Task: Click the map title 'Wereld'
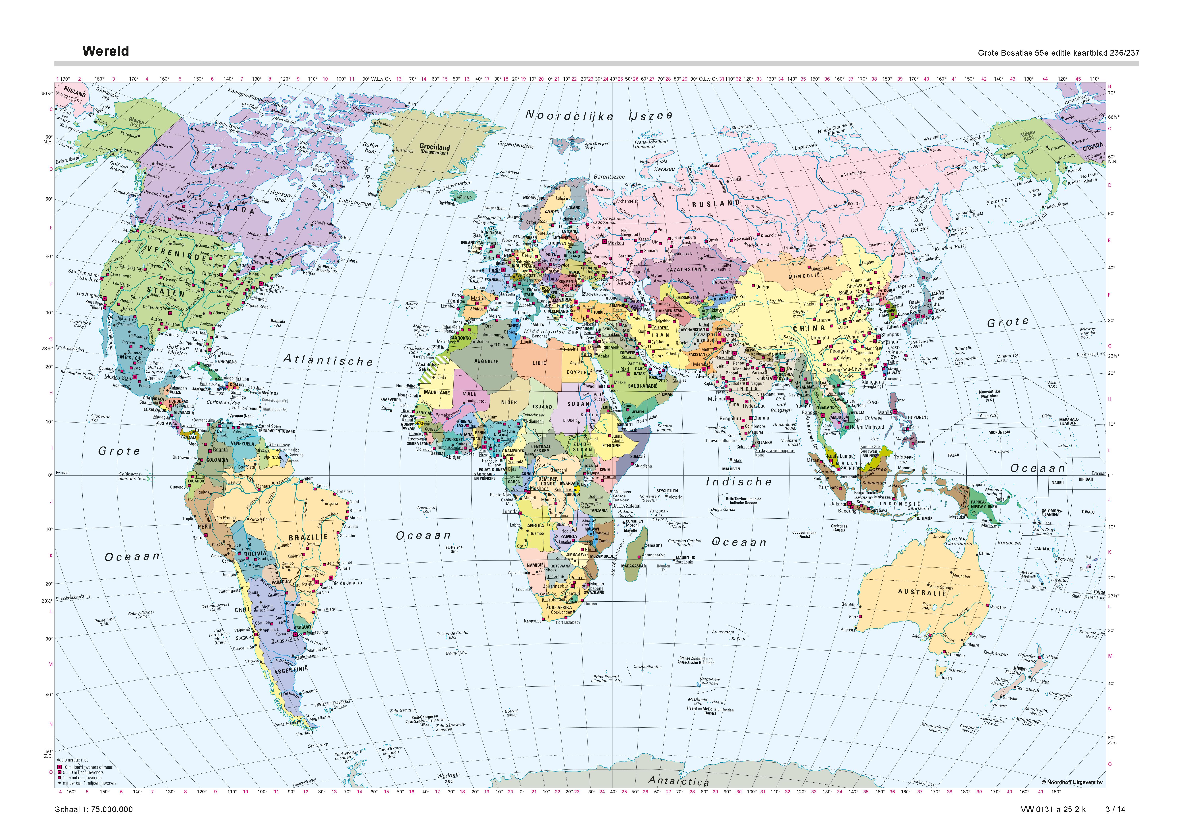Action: (106, 51)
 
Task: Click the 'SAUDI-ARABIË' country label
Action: (643, 386)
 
